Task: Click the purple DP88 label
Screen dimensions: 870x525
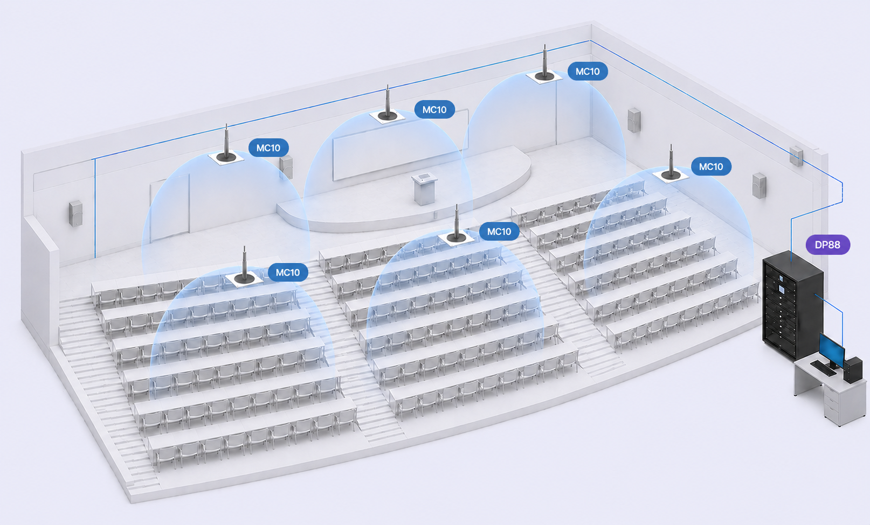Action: pos(827,245)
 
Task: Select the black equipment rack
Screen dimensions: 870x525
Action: pos(793,305)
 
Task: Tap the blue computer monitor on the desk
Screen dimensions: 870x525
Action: pos(832,351)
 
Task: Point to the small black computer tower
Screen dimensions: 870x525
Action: pos(853,370)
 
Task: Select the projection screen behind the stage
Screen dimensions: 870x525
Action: pos(400,145)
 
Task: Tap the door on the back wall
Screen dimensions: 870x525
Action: pos(170,208)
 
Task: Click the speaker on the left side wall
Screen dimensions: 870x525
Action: pos(75,213)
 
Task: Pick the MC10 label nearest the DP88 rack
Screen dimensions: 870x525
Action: pos(711,166)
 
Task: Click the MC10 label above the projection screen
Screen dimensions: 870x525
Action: pos(434,109)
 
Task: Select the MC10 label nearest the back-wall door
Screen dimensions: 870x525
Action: pos(268,148)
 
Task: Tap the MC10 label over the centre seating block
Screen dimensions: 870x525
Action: pos(499,232)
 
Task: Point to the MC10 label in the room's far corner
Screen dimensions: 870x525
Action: pos(588,72)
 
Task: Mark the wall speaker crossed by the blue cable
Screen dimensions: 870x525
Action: pos(796,156)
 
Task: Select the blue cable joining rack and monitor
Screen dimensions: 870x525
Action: pos(834,318)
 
